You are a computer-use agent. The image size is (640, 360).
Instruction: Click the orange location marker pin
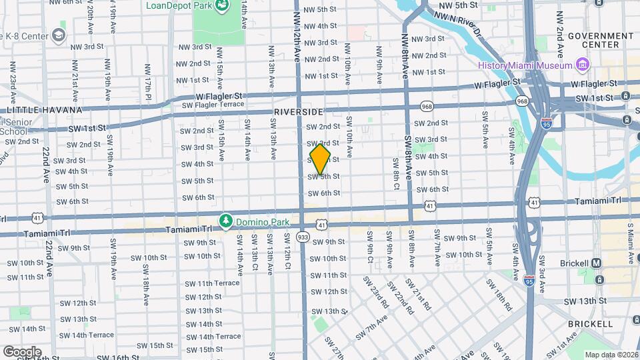pos(320,160)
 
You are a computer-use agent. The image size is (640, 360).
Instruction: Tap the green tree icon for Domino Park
pos(227,220)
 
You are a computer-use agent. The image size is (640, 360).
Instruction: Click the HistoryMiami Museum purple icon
pos(583,65)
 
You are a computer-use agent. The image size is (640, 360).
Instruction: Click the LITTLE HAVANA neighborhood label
pos(44,110)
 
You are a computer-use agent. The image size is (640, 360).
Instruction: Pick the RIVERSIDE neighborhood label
pos(298,112)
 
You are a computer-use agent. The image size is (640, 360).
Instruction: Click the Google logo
pos(22,351)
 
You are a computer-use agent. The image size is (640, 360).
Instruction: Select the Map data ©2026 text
pos(611,355)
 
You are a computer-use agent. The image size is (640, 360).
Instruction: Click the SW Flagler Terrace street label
pos(213,105)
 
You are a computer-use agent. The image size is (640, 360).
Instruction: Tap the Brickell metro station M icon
pos(596,263)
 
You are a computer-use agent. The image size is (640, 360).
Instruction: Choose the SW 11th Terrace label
pos(213,283)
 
